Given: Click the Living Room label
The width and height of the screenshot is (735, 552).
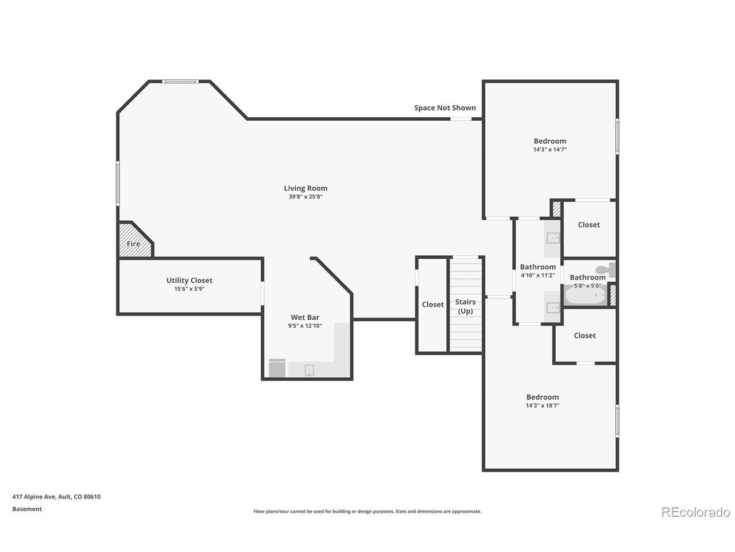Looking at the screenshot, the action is pos(305,188).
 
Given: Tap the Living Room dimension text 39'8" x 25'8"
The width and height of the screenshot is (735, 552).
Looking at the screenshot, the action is pos(305,197).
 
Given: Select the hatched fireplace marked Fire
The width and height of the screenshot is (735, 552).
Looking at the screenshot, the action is pos(136,240).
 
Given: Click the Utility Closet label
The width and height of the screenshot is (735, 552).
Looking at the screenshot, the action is pos(189,280).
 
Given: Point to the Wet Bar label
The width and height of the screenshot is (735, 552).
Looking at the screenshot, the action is pos(305,317).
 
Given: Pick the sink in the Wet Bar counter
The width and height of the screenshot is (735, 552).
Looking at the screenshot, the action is pos(309,370).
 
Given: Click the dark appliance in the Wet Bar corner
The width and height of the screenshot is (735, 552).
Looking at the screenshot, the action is pos(277,368).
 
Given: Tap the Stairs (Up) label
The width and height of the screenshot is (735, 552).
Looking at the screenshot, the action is pos(465,306).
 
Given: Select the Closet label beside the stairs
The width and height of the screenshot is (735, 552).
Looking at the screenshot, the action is pos(432,304).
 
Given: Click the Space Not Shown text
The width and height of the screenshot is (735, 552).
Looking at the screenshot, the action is pos(444,108).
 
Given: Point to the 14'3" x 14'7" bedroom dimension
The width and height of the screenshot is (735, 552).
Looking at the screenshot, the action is pos(550,149).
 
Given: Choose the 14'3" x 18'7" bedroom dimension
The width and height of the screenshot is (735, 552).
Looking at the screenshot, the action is pos(543,405).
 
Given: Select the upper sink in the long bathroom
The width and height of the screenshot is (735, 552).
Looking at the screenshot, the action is pos(553,238).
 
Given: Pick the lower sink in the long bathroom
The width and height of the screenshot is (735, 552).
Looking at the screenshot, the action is pos(553,307).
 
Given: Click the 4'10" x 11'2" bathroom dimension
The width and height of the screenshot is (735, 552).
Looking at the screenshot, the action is pos(537,275).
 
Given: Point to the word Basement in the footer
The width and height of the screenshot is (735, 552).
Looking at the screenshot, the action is pos(27,509).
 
